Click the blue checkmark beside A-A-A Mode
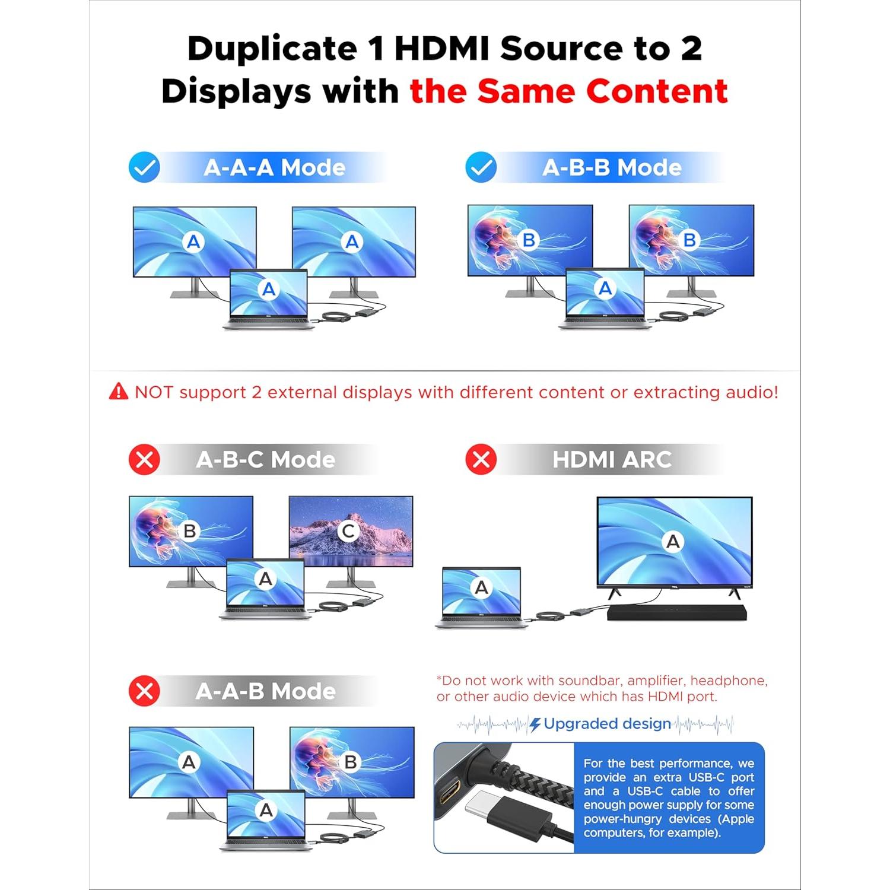click(144, 167)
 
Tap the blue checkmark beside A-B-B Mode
click(481, 167)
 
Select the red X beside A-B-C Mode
click(144, 459)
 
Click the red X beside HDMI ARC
click(481, 459)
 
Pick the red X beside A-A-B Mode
click(144, 691)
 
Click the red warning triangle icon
click(119, 392)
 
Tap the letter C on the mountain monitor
click(348, 531)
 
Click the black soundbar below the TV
click(676, 612)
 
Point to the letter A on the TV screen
click(673, 541)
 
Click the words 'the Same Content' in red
click(568, 91)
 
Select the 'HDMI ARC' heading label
click(611, 459)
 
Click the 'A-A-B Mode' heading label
click(265, 691)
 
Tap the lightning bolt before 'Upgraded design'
click(535, 724)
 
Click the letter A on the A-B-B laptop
click(605, 288)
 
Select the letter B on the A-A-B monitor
click(350, 762)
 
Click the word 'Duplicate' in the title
click(272, 49)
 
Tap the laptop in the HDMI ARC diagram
click(481, 596)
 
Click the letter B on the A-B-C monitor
click(190, 531)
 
